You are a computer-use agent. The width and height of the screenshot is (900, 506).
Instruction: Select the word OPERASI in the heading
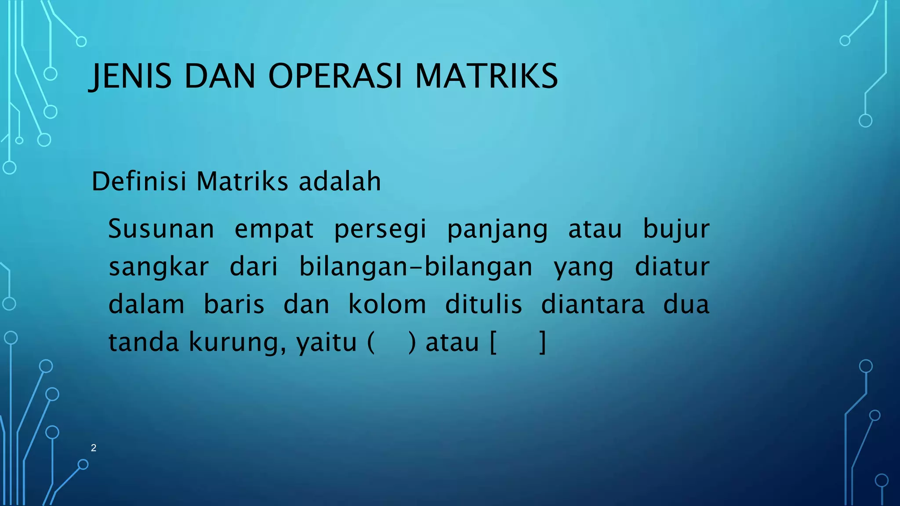(x=335, y=76)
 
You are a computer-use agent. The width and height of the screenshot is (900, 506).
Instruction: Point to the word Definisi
(x=139, y=181)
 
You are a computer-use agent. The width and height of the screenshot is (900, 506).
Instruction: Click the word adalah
(x=340, y=181)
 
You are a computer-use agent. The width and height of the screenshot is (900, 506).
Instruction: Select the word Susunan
(x=161, y=229)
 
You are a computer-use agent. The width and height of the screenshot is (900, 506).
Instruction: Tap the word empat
(x=274, y=229)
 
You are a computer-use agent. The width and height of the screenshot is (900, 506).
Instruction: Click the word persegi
(x=380, y=230)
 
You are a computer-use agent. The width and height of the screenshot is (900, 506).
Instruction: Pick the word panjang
(x=497, y=230)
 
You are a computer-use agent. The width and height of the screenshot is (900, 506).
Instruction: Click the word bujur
(x=676, y=230)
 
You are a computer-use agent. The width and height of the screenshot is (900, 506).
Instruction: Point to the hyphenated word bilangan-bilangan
(x=416, y=267)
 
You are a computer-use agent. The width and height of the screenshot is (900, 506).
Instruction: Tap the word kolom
(x=387, y=304)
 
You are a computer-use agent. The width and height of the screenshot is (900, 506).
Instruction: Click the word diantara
(x=592, y=304)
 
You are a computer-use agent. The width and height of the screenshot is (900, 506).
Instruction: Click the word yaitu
(x=327, y=342)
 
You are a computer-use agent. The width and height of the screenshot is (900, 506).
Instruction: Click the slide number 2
(x=94, y=448)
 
